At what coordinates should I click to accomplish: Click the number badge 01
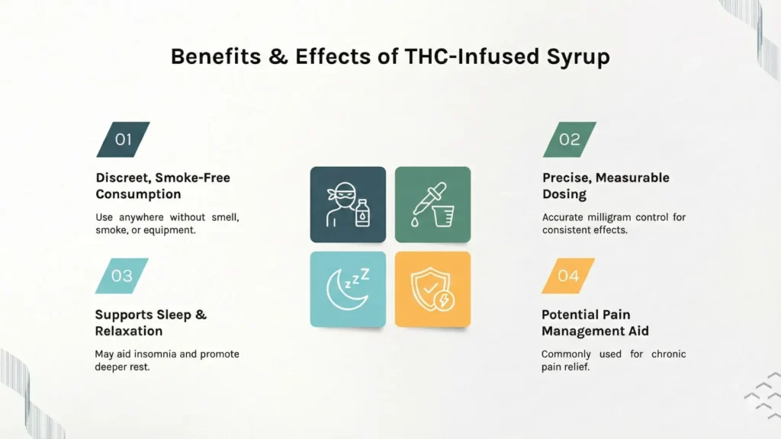[x=123, y=139]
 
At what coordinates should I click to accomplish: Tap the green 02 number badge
[x=570, y=139]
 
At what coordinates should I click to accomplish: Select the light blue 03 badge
[x=122, y=276]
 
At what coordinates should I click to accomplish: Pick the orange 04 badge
[x=568, y=276]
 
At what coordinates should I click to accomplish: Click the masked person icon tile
[x=348, y=204]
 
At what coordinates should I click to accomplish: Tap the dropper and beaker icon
[x=432, y=204]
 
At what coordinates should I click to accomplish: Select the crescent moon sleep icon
[x=348, y=290]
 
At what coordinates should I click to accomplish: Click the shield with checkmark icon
[x=432, y=290]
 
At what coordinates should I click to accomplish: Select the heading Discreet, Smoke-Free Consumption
[x=162, y=186]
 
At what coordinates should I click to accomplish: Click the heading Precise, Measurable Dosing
[x=606, y=186]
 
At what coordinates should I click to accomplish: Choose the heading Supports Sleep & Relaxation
[x=150, y=322]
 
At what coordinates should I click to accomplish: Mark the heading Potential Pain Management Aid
[x=595, y=322]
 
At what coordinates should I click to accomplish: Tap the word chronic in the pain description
[x=668, y=354]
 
